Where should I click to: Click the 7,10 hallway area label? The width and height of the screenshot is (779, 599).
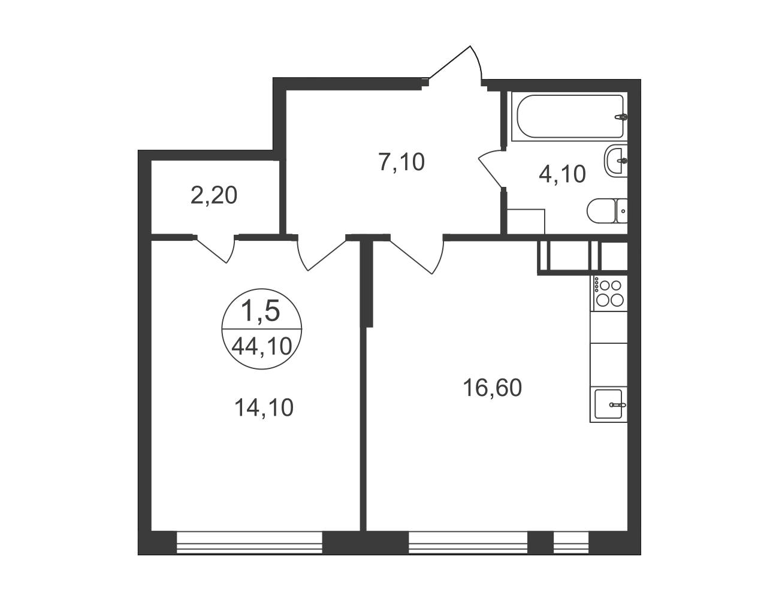pos(401,162)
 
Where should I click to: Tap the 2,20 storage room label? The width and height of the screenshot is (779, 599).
pos(214,196)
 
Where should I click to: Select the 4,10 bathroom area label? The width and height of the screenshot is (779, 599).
pos(562,174)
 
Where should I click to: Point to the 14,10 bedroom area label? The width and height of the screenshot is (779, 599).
pos(264,408)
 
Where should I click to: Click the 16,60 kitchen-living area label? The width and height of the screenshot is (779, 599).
pos(492,388)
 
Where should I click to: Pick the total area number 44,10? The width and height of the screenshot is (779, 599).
pos(262,347)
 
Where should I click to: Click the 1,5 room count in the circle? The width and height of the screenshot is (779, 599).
pos(261,310)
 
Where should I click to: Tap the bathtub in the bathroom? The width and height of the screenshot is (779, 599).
pos(570,116)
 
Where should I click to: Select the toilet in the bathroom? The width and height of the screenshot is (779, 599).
pos(607,211)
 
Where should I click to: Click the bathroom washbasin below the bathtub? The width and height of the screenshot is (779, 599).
pos(616,161)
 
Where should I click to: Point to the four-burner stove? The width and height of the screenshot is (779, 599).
pos(610,294)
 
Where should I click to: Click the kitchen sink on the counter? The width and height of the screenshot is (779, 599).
pos(608,404)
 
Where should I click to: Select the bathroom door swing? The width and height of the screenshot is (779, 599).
pos(491,168)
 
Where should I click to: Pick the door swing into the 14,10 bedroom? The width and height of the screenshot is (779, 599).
pos(322,255)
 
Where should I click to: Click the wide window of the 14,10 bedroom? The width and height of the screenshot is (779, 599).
pos(249,543)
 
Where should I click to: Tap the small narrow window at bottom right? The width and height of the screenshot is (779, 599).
pos(571,543)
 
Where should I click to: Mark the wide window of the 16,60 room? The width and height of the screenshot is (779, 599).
pos(468,543)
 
